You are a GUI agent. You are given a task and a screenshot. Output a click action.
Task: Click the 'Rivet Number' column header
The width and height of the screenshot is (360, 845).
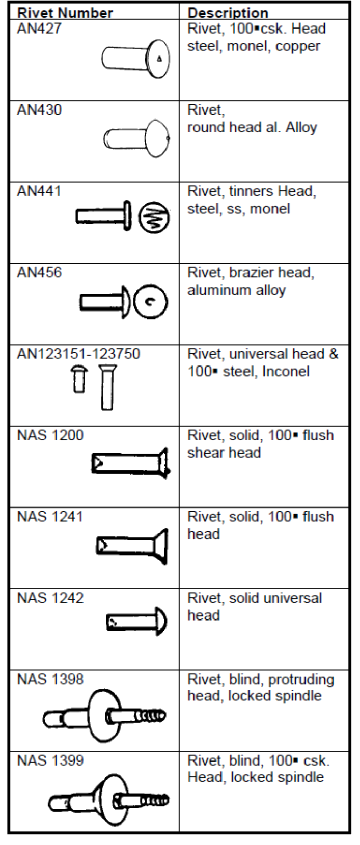point(65,13)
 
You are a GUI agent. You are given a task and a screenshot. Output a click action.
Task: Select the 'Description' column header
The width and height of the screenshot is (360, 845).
point(228,13)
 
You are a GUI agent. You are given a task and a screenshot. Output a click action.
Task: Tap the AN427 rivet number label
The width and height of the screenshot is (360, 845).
point(39,29)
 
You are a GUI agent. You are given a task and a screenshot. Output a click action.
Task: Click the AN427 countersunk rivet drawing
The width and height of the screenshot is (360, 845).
point(135,59)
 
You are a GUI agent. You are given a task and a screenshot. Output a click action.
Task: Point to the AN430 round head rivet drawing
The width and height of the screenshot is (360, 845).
point(136,138)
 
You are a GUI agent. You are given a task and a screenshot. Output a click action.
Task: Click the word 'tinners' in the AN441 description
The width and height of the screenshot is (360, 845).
point(251,191)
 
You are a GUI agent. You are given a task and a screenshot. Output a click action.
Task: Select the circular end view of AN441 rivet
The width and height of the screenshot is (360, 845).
point(154,217)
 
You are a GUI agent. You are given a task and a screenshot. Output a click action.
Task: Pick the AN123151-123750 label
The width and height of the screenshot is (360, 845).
point(78,354)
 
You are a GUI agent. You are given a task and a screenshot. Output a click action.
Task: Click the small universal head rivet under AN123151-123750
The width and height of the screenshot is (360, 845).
point(79,380)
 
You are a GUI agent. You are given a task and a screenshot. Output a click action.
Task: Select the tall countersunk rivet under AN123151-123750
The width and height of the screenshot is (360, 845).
point(107,387)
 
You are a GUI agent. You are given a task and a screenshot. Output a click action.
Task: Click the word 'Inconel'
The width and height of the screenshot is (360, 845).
point(286,372)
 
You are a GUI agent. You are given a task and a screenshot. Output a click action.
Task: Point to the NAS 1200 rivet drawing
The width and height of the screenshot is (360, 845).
point(131,463)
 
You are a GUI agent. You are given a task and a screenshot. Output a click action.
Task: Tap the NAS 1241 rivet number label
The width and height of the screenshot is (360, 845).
point(50,517)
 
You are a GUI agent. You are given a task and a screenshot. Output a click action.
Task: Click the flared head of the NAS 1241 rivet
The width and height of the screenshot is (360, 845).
point(160,546)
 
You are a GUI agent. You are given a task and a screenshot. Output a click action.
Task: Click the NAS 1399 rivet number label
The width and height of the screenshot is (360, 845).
point(50,760)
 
